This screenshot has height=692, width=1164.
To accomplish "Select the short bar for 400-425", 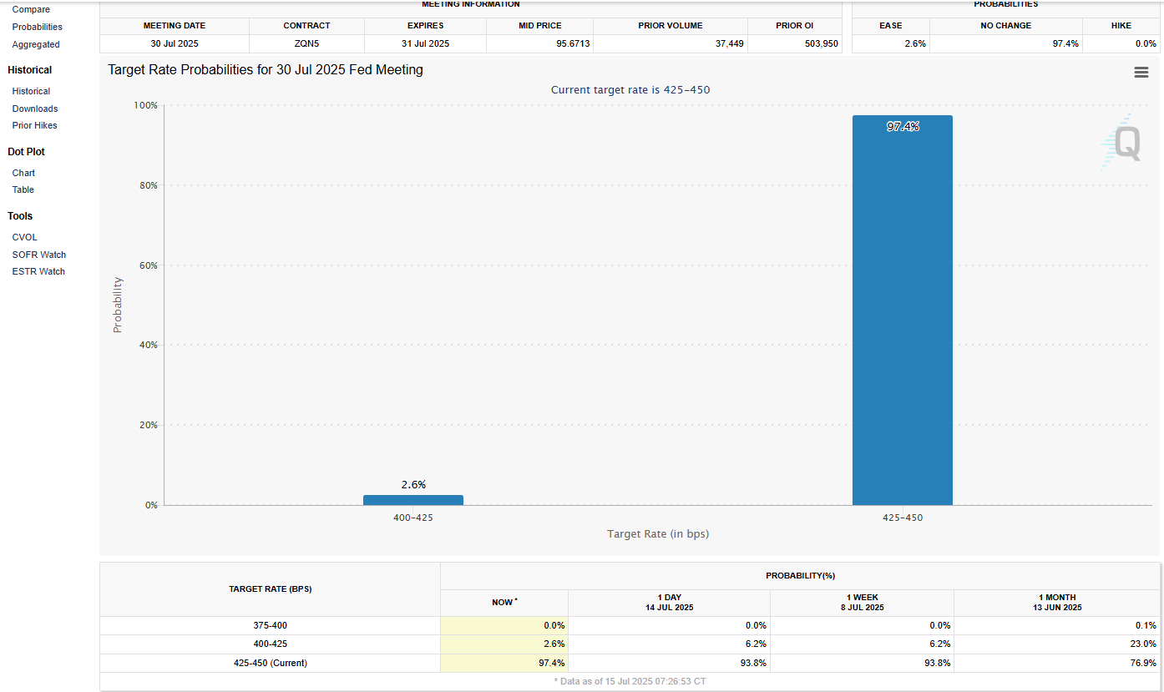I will pyautogui.click(x=412, y=500).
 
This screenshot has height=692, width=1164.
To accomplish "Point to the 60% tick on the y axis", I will pyautogui.click(x=148, y=265).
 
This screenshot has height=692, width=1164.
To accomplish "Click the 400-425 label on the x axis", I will pyautogui.click(x=412, y=518).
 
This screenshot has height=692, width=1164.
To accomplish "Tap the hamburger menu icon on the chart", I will pyautogui.click(x=1141, y=73).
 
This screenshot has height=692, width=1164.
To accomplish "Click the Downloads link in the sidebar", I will pyautogui.click(x=35, y=109).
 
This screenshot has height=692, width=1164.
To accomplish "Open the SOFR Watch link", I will pyautogui.click(x=38, y=255).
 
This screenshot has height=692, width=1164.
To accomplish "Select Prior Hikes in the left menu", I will pyautogui.click(x=34, y=125).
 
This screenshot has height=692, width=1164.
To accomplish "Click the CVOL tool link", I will pyautogui.click(x=24, y=237).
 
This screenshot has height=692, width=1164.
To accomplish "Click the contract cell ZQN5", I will pyautogui.click(x=306, y=43).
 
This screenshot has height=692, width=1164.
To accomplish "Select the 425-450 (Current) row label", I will pyautogui.click(x=270, y=663).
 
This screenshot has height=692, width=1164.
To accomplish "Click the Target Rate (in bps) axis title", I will pyautogui.click(x=657, y=533).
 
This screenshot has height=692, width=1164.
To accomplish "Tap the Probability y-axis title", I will pyautogui.click(x=118, y=305).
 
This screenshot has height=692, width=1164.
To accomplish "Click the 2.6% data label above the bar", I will pyautogui.click(x=412, y=484).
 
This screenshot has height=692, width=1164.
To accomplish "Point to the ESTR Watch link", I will pyautogui.click(x=38, y=271).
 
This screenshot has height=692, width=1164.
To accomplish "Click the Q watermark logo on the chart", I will pyautogui.click(x=1124, y=143).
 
